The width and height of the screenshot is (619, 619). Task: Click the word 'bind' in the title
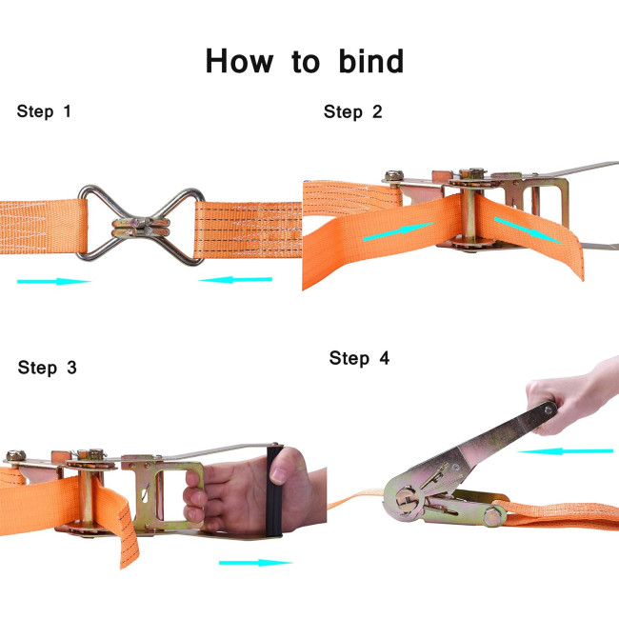371,61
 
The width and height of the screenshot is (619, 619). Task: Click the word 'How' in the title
239,61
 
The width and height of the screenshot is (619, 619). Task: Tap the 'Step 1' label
44,111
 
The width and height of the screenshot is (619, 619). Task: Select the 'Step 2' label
353,112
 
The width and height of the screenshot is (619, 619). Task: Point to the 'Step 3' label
47,368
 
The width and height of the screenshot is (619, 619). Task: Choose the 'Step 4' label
359,358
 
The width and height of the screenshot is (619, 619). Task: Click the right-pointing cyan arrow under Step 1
54,282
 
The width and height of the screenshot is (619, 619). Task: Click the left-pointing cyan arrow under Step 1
235,279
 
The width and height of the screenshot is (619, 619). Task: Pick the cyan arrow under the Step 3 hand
256,563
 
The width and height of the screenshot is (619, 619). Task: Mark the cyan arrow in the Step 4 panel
566,451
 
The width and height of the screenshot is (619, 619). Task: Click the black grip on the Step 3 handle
274,491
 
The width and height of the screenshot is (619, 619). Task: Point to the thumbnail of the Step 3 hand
279,474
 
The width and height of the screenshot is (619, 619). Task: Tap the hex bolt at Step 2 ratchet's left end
393,175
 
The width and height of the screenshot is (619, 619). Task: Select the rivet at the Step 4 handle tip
549,409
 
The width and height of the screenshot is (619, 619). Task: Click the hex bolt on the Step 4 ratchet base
492,517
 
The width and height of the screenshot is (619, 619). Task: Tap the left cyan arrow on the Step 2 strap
399,231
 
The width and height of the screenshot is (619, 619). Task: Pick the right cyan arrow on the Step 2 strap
529,230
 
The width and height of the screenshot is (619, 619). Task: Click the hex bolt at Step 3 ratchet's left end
16,456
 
